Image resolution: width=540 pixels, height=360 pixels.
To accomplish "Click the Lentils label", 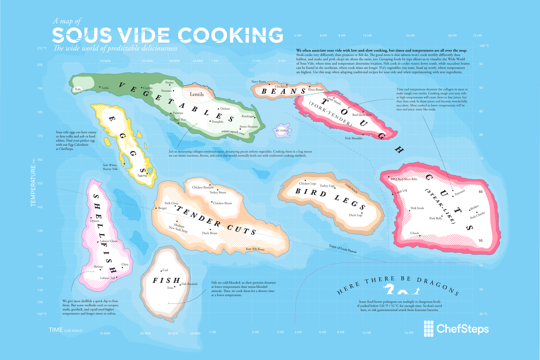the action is tap(197, 95).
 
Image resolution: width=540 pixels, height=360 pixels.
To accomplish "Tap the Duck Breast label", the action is tap(210, 233).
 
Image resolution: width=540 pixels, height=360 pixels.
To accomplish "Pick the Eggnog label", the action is tap(142, 175).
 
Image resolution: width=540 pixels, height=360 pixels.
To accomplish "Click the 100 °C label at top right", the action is tap(484, 45).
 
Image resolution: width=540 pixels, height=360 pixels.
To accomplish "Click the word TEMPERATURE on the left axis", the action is tap(33, 186).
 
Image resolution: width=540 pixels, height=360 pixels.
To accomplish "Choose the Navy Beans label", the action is tap(259, 81).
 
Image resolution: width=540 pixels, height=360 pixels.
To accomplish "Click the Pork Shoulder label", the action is tap(354, 138).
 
